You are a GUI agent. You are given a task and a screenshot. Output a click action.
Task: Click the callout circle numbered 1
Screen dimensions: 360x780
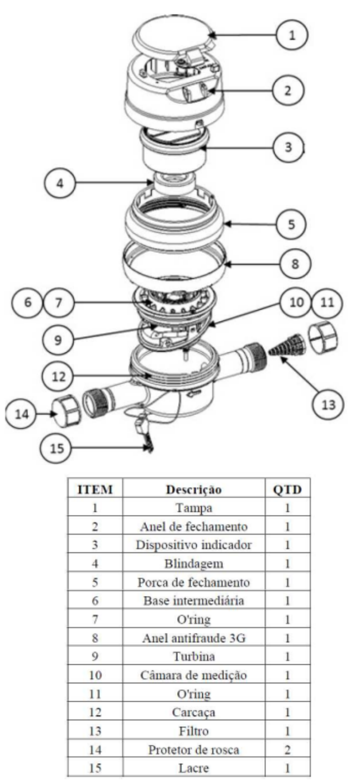(292, 35)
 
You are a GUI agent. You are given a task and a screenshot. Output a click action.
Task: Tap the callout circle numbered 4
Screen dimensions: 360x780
(60, 183)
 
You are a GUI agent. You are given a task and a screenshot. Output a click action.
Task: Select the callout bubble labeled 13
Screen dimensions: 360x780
(328, 405)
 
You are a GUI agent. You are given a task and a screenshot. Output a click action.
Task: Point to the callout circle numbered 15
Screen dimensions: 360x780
(56, 448)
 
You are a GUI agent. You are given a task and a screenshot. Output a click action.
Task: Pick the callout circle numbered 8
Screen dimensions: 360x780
(295, 263)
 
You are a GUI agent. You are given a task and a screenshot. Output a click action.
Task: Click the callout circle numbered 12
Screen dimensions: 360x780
(58, 376)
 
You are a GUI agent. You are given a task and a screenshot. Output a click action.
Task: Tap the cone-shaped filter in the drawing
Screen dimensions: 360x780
(288, 345)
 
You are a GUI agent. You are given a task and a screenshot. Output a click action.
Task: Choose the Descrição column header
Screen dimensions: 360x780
(193, 489)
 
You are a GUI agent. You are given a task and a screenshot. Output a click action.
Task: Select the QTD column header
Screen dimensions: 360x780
(287, 489)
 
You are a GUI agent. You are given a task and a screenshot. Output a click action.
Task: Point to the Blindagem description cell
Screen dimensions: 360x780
(193, 564)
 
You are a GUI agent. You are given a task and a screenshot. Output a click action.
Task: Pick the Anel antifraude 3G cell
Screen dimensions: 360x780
(193, 638)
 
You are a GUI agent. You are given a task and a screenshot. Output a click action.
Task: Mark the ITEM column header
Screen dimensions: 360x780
(95, 489)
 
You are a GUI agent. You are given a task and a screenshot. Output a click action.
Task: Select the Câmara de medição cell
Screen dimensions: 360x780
(193, 675)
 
